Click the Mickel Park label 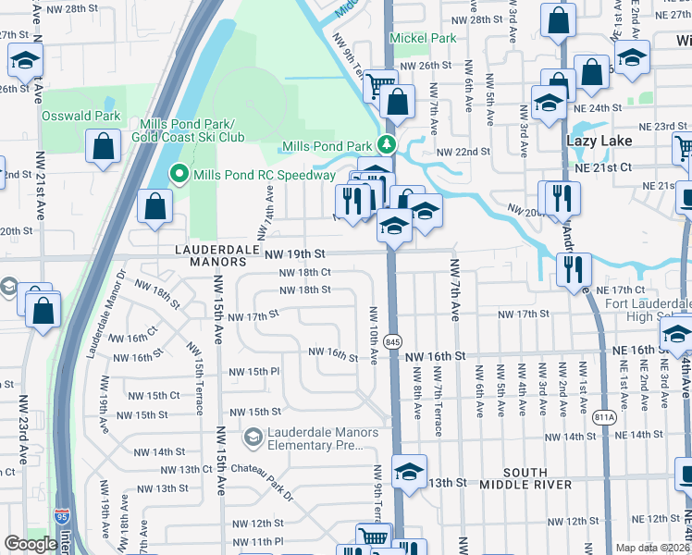[423, 39]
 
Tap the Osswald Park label [81, 117]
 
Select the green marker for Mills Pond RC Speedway [179, 175]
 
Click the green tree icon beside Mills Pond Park [386, 146]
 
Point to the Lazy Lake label [599, 141]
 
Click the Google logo [31, 544]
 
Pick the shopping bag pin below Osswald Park [103, 145]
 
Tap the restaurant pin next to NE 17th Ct [574, 268]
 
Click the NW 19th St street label [296, 253]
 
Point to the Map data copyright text [652, 548]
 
